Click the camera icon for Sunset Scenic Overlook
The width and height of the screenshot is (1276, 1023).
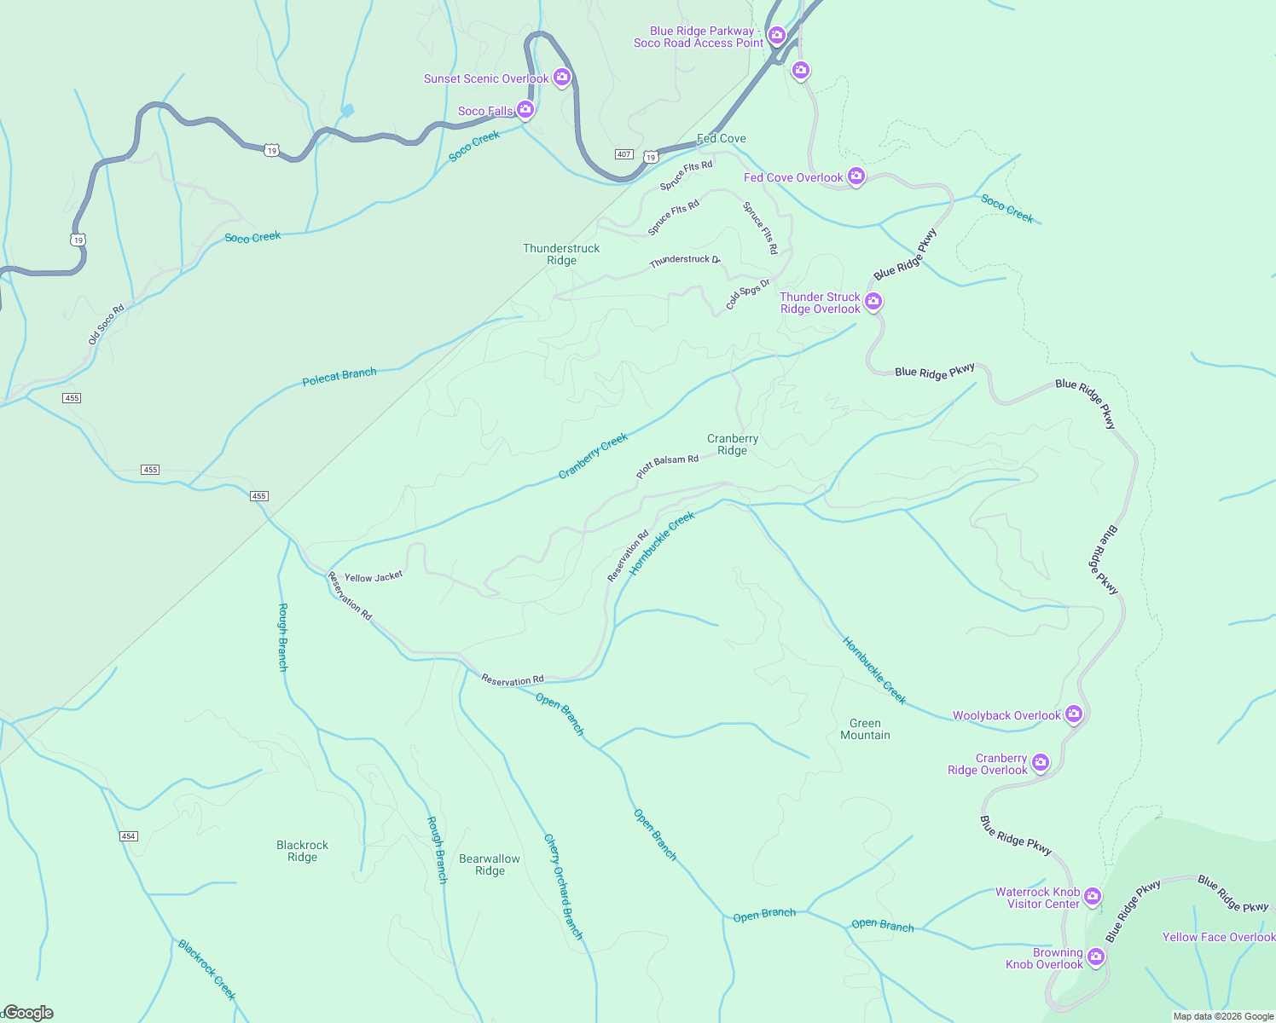[x=561, y=77]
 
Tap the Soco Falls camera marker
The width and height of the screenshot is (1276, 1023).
[x=525, y=109]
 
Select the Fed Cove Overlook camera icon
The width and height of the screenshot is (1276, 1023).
[x=855, y=176]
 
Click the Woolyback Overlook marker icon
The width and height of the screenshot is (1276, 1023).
[x=1074, y=714]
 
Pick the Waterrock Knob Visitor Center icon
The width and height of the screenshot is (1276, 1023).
[x=1093, y=897]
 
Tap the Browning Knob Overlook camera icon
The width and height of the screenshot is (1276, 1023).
[x=1096, y=957]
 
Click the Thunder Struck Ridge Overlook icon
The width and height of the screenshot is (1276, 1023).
[x=873, y=301]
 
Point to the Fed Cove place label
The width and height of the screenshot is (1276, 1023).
[x=722, y=138]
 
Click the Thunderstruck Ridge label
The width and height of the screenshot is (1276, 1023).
[x=561, y=254]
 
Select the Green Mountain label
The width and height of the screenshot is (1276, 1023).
[x=865, y=729]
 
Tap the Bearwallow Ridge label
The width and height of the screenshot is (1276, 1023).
[x=490, y=864]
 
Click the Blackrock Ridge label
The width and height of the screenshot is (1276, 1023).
[x=302, y=851]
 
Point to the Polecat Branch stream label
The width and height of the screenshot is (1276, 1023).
[x=339, y=376]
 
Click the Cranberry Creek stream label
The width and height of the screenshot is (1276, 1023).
[x=593, y=455]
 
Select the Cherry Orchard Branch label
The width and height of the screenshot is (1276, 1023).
[x=563, y=887]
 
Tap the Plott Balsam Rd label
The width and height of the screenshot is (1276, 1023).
[x=667, y=465]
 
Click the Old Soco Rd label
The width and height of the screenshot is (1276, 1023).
[x=106, y=324]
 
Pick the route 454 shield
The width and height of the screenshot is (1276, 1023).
[x=128, y=836]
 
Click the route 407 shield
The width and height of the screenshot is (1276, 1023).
[x=623, y=154]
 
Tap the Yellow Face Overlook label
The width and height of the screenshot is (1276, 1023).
[x=1218, y=937]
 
